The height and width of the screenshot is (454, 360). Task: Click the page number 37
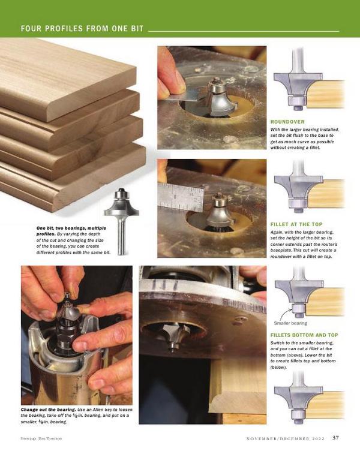[x=335, y=438]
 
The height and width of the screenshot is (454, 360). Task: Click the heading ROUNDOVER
[x=287, y=122]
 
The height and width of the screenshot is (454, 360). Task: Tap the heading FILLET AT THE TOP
[x=296, y=224]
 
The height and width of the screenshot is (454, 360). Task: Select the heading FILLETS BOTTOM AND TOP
[x=304, y=335]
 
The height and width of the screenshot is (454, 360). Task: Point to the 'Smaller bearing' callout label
[x=290, y=323]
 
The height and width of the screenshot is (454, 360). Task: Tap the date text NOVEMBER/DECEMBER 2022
[x=286, y=438]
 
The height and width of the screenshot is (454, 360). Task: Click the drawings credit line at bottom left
[x=41, y=438]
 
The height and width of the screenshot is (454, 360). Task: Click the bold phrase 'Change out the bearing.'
[x=49, y=410]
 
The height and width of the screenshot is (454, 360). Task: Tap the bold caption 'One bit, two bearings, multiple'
[x=71, y=228]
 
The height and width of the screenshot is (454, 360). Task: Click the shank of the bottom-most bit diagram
[x=298, y=378]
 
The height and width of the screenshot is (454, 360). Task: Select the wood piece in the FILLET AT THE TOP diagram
[x=326, y=193]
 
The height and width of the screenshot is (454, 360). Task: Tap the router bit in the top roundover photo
[x=220, y=97]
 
